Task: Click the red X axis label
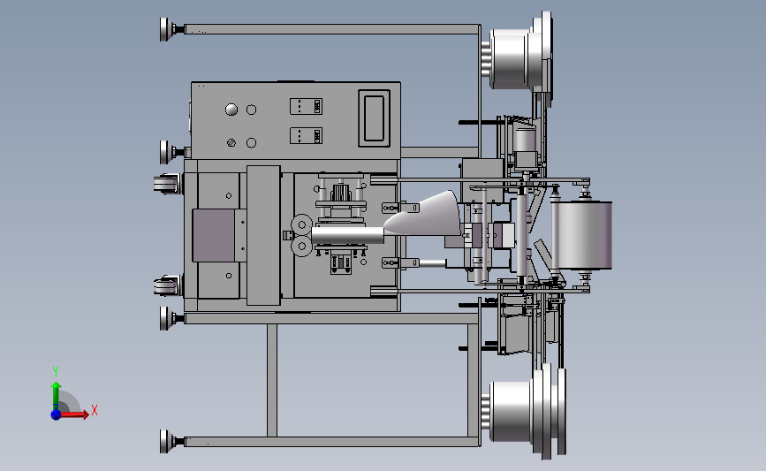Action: [95, 410]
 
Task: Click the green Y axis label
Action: [55, 372]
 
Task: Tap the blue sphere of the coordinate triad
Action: [57, 414]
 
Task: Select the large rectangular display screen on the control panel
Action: [375, 118]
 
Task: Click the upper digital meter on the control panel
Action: [306, 107]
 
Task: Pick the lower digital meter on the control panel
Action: [306, 136]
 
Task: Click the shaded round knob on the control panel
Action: [231, 110]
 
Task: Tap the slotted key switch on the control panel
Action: [231, 142]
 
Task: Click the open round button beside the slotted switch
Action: [251, 142]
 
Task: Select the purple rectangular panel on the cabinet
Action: [214, 235]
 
